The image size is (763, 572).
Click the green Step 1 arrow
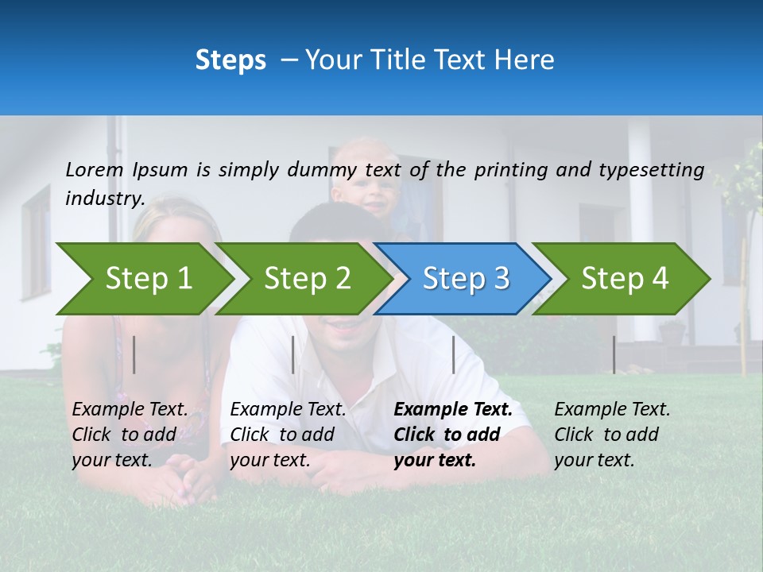pyautogui.click(x=143, y=279)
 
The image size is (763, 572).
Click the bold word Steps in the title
pyautogui.click(x=230, y=60)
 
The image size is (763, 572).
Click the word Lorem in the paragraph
pyautogui.click(x=95, y=169)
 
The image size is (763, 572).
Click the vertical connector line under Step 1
pyautogui.click(x=134, y=354)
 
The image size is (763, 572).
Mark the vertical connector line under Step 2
pyautogui.click(x=293, y=354)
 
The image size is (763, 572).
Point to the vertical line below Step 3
pyautogui.click(x=453, y=354)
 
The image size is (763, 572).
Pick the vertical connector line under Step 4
pyautogui.click(x=614, y=354)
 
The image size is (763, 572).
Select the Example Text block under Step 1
pyautogui.click(x=130, y=435)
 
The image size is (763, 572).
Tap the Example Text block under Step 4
pyautogui.click(x=612, y=435)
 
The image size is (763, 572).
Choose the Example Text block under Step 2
pyautogui.click(x=288, y=435)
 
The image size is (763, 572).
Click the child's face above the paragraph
pyautogui.click(x=367, y=187)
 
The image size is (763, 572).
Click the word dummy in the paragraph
pyautogui.click(x=321, y=169)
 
